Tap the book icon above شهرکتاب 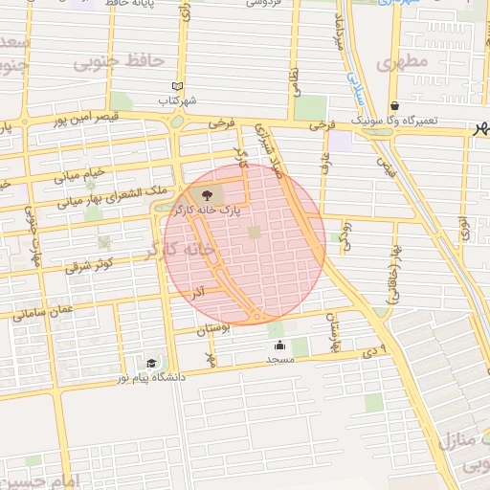(x=176, y=86)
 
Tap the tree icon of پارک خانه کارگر (x=209, y=195)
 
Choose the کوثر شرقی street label (x=90, y=263)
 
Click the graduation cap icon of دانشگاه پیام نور (x=151, y=363)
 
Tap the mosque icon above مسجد (x=279, y=345)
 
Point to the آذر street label (x=199, y=289)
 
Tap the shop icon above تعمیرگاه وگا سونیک (x=393, y=106)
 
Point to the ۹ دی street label (x=376, y=350)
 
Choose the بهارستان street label (x=333, y=332)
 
